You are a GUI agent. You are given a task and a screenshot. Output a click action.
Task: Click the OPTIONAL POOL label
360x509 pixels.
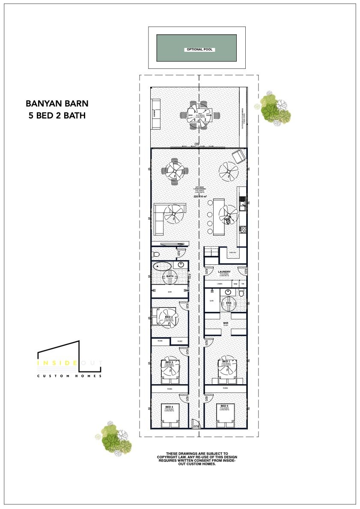click(199, 50)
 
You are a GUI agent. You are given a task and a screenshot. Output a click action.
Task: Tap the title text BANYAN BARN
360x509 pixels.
click(57, 104)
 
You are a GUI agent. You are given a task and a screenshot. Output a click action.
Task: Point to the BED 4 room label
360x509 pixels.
click(169, 407)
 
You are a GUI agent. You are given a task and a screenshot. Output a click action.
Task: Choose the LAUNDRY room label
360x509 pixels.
click(224, 272)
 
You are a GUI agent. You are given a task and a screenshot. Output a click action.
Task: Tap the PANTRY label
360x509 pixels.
click(232, 253)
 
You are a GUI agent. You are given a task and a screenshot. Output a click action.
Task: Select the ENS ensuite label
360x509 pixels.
click(229, 303)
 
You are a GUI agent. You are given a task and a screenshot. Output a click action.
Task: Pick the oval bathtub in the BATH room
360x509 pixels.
click(162, 267)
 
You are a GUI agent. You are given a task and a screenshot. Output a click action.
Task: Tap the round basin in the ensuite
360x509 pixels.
click(228, 293)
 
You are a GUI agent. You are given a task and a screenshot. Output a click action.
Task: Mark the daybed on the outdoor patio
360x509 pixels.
click(155, 114)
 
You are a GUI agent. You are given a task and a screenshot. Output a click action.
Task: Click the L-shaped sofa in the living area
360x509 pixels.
click(159, 219)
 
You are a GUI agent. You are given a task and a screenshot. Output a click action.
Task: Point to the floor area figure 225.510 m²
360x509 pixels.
click(200, 197)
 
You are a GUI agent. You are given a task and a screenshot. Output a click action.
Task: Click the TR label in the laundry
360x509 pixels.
click(243, 284)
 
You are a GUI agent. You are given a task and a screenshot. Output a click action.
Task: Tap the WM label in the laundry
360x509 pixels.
click(235, 284)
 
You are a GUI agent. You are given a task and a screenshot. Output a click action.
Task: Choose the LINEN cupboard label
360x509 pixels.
click(220, 284)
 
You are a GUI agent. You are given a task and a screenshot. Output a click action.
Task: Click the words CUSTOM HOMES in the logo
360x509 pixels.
click(69, 376)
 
